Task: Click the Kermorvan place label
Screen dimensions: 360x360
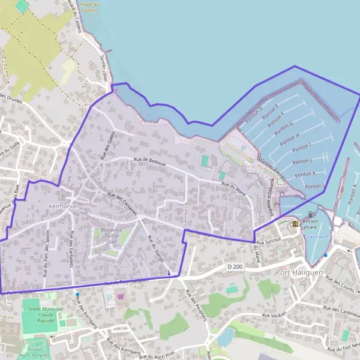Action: [x=61, y=206]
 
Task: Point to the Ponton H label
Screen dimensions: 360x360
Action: [x=290, y=138]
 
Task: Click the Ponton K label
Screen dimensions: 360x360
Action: [x=305, y=174]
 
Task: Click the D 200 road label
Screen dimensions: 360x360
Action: [x=235, y=266]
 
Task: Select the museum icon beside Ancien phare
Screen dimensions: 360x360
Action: [x=295, y=224]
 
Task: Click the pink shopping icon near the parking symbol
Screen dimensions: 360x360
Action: [x=121, y=296]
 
